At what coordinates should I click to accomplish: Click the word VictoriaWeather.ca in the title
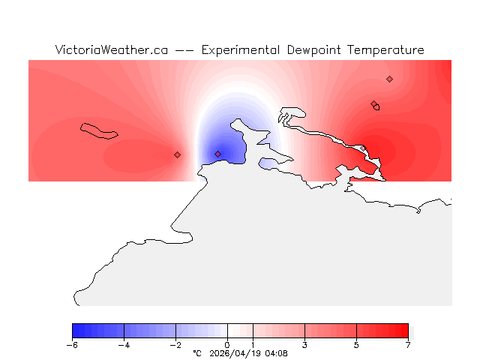point(111,50)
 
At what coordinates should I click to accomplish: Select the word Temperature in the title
point(385,50)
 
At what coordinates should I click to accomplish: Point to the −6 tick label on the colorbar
point(72,345)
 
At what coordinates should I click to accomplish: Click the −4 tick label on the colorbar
point(124,345)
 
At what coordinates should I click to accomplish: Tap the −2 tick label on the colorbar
point(175,345)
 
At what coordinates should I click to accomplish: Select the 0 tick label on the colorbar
point(227,345)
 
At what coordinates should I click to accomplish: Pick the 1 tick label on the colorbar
point(253,345)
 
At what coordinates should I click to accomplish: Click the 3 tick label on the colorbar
point(304,345)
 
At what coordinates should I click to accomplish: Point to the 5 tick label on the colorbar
point(356,345)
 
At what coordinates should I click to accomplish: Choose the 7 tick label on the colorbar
point(408,345)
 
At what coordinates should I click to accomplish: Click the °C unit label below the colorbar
point(197,353)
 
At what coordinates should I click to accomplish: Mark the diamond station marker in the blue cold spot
point(218,154)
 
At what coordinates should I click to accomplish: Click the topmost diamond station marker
point(389,79)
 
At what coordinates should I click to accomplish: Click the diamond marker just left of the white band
point(177,154)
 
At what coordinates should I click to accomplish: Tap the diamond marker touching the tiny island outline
point(373,104)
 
